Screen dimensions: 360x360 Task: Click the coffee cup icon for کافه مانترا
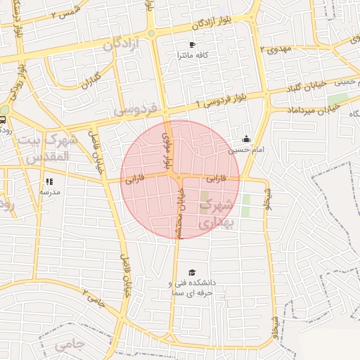pos(192,45)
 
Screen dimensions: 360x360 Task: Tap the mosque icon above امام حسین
pos(246,139)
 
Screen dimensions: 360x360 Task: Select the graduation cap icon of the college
pos(192,273)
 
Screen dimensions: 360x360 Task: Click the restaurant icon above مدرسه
pos(49,181)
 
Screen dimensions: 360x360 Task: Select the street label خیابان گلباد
pos(310,86)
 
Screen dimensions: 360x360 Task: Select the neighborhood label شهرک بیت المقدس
pos(49,148)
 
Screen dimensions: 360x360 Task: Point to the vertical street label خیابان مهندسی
pos(180,213)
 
